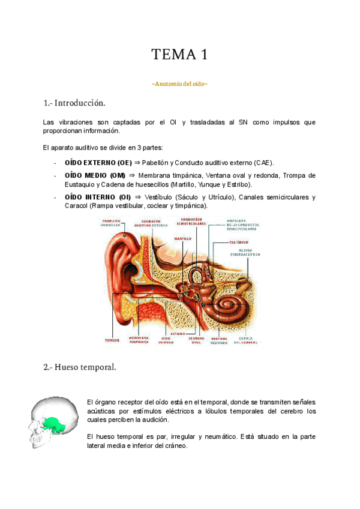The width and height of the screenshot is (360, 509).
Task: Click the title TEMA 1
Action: point(179,55)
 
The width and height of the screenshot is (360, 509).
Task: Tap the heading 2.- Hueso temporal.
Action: point(80,367)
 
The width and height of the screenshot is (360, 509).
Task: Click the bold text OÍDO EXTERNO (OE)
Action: point(98,163)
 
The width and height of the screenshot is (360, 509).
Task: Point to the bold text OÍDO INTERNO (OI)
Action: point(97,197)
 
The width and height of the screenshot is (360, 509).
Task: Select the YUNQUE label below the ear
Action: point(112,340)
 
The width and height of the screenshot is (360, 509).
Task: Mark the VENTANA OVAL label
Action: point(196,340)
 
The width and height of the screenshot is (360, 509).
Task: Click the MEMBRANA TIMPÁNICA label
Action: point(138,340)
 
